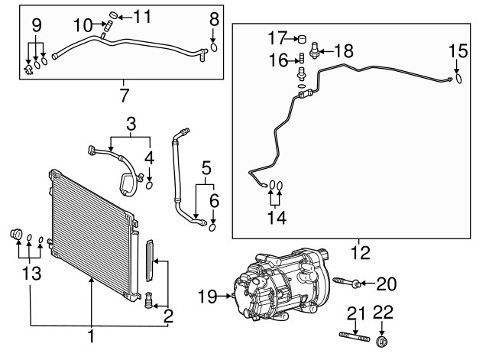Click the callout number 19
click(207, 295)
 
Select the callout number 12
click(355, 250)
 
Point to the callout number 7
click(125, 96)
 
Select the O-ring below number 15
click(458, 77)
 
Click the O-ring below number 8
click(214, 47)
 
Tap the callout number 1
click(91, 336)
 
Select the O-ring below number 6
click(212, 225)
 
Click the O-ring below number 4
click(150, 183)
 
